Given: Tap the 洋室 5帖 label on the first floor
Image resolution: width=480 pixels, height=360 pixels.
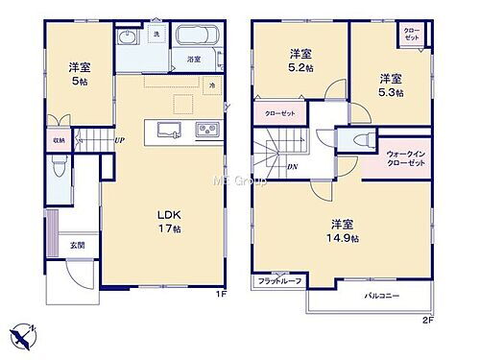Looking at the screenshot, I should point(79,73).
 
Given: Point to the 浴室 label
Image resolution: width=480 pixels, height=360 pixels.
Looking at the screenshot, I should point(193,59).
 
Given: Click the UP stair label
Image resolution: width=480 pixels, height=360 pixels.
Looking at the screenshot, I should point(118,141).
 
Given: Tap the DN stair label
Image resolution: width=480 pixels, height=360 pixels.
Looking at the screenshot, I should point(291,166).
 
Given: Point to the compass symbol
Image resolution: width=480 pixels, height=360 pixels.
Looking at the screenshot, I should point(25,336).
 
